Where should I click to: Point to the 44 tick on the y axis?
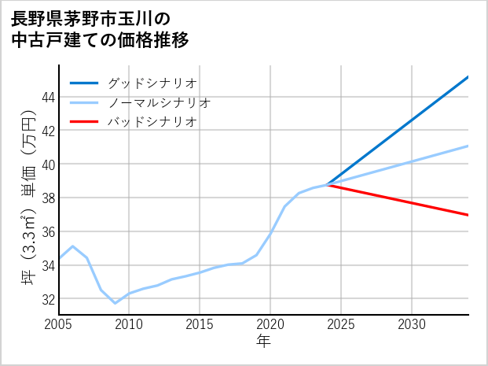tap(47, 97)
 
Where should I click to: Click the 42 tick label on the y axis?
tap(47, 131)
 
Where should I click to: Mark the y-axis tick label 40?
tap(47, 165)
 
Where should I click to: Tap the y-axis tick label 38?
tap(47, 198)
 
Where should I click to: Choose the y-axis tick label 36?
tap(47, 232)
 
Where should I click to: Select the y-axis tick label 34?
tap(47, 266)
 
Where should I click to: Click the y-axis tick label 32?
tap(47, 300)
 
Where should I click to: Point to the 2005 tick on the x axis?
tap(59, 324)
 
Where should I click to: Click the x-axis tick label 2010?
tap(129, 324)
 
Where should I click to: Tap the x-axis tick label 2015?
tap(200, 324)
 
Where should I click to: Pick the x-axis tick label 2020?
tap(270, 324)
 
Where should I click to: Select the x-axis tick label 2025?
tap(341, 324)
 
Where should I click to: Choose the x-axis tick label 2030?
tap(412, 324)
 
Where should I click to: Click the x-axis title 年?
tap(263, 342)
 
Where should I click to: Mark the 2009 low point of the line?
tap(116, 303)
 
